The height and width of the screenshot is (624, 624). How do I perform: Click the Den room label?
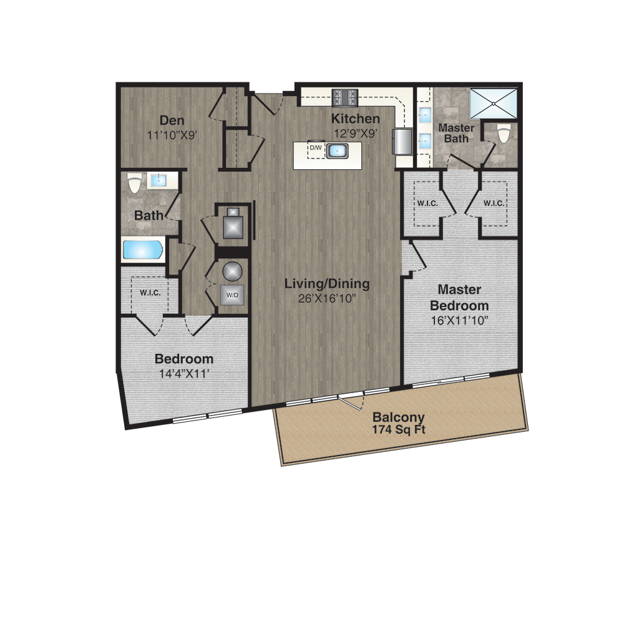172,120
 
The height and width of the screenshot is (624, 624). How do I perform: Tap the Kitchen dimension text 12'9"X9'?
356,134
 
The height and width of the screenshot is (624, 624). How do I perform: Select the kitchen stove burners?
345,97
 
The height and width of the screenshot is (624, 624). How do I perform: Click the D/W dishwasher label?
316,148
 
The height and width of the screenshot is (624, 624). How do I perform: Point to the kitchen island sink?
337,151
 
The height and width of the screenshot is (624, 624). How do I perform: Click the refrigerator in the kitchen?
402,141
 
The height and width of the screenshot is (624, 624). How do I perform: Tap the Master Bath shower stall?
494,104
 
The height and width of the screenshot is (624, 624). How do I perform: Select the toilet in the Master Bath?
504,133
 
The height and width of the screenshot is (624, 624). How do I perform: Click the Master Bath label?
456,134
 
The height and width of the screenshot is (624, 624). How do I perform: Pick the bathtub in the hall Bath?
142,250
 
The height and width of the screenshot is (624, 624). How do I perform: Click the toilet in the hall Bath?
134,183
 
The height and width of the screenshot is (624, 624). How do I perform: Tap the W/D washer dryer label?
232,295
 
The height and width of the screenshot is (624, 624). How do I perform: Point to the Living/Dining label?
327,284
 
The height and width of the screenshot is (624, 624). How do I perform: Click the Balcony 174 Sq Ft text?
399,423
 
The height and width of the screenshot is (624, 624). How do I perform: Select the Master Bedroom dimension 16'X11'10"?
460,320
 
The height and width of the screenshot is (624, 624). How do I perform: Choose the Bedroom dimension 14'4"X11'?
184,374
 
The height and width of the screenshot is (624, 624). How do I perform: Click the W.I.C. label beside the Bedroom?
150,293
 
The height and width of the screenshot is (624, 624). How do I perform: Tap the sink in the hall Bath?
158,181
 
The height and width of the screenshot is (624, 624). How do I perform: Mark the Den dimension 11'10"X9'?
172,135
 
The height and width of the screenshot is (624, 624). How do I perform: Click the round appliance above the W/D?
232,272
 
